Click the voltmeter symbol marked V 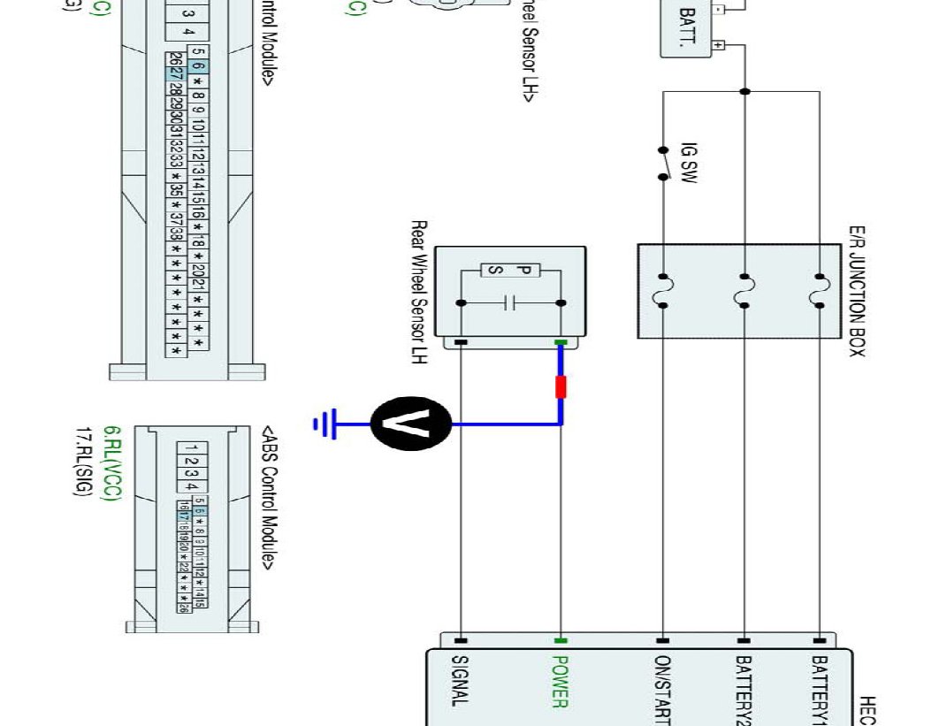[412, 424]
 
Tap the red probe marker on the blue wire [560, 387]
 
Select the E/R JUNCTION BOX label [856, 291]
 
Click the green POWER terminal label [559, 681]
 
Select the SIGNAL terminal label [460, 681]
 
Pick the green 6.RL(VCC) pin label [112, 464]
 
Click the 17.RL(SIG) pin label [86, 464]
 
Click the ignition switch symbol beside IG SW [663, 163]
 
